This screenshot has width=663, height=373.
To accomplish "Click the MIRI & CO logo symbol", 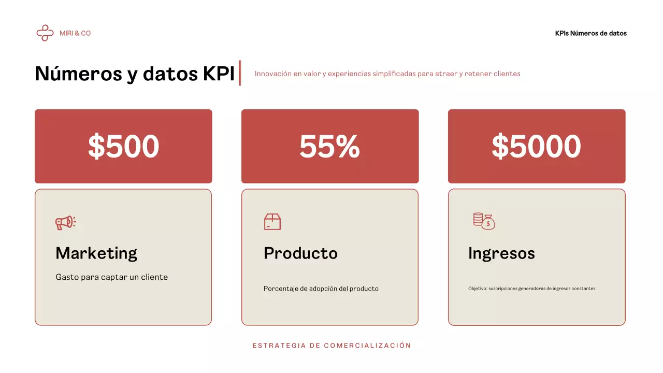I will pyautogui.click(x=45, y=33).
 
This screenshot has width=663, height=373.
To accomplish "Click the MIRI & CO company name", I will pyautogui.click(x=75, y=33).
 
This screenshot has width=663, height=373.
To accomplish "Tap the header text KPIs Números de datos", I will pyautogui.click(x=590, y=33).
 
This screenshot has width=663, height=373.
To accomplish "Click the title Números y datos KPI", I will pyautogui.click(x=135, y=74).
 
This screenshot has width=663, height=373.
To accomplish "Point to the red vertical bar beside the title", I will pyautogui.click(x=240, y=73).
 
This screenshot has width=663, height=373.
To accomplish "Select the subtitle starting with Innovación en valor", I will pyautogui.click(x=387, y=74).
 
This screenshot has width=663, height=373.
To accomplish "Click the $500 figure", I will pyautogui.click(x=123, y=146).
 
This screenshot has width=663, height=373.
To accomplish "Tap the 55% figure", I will pyautogui.click(x=329, y=146).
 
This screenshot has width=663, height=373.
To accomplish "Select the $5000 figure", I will pyautogui.click(x=536, y=146).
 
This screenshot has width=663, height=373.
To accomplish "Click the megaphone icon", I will pyautogui.click(x=66, y=223).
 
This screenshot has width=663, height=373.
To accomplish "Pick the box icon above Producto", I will pyautogui.click(x=272, y=222).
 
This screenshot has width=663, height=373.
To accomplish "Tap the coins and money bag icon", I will pyautogui.click(x=484, y=221).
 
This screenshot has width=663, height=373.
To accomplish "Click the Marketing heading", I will pyautogui.click(x=96, y=253).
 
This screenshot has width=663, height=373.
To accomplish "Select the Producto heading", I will pyautogui.click(x=300, y=253).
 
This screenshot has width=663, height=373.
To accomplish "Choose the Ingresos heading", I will pyautogui.click(x=501, y=253).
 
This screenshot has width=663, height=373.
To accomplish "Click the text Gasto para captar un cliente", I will pyautogui.click(x=111, y=277).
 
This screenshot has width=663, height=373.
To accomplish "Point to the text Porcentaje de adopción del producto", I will pyautogui.click(x=321, y=289).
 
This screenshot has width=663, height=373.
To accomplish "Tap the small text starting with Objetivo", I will pyautogui.click(x=531, y=289).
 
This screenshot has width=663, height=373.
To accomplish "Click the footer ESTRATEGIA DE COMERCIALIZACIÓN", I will pyautogui.click(x=331, y=346).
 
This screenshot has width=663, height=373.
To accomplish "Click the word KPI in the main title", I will pyautogui.click(x=218, y=74).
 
